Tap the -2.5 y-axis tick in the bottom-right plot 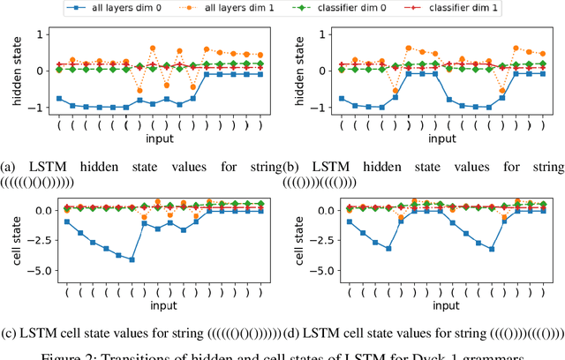coord(314,241)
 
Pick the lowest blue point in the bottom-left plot coord(132,259)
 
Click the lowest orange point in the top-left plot coord(139,90)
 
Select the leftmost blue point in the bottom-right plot coord(350,221)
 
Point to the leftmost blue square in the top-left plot coord(59,99)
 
